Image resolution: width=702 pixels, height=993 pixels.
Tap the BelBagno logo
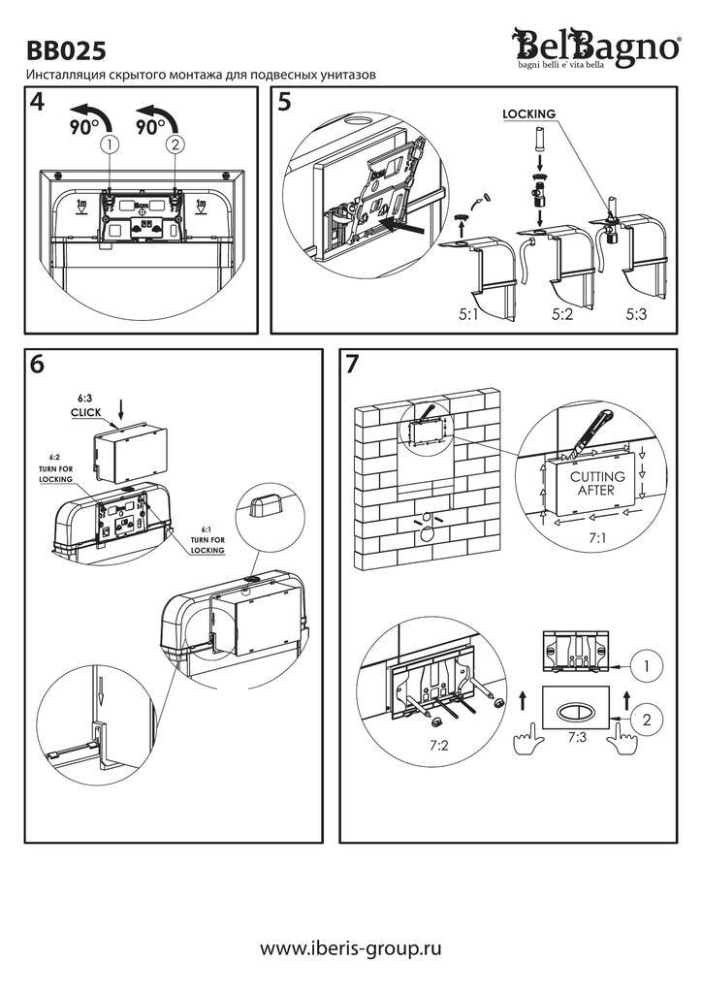pos(596,47)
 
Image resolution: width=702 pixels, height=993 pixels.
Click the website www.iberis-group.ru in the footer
pos(351,947)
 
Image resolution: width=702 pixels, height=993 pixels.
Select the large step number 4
pos(38,103)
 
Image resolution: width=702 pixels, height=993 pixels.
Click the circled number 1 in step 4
pos(112,145)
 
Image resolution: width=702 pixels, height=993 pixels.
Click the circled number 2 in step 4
pos(175,145)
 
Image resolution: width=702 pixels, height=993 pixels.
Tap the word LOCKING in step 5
pos(528,113)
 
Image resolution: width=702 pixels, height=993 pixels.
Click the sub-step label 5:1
pos(470,314)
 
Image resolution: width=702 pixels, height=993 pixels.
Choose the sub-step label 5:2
pos(564,314)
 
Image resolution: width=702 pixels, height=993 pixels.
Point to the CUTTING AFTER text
pos(597,484)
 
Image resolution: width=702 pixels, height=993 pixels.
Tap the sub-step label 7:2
pos(440,745)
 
